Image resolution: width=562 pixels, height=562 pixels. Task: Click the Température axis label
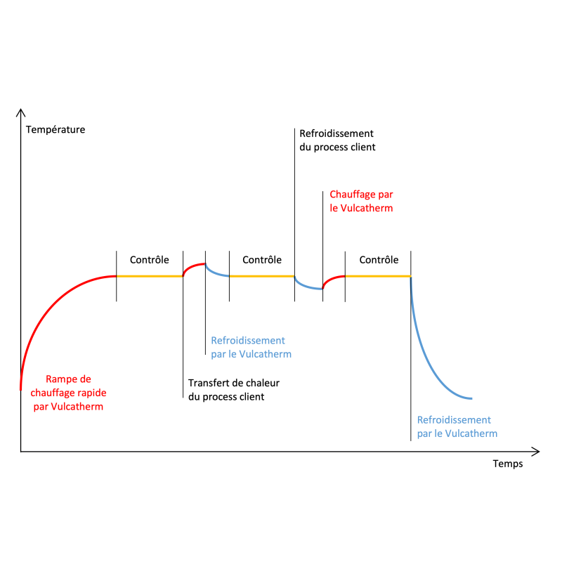point(55,129)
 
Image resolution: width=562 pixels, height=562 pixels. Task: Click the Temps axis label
point(507,464)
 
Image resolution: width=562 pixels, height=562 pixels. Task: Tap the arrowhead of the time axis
point(536,452)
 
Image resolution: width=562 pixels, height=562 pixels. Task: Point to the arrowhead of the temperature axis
point(21,112)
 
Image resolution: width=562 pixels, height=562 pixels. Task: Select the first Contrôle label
point(149,259)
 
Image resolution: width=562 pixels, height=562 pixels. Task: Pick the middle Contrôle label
point(262,259)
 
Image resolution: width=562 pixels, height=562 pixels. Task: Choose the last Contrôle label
point(379,259)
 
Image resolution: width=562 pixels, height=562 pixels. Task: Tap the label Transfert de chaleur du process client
point(234,390)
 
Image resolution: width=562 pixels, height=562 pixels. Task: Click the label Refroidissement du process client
point(337,140)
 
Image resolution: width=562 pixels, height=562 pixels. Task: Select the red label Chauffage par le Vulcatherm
point(361,201)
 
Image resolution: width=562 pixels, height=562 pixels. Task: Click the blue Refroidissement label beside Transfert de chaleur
point(251,347)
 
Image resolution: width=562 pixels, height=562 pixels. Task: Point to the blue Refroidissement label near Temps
point(457,426)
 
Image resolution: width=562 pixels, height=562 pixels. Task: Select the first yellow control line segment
point(150,276)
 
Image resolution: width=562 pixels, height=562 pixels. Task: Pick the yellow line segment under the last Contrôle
point(378,276)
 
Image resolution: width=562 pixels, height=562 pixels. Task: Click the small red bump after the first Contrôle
point(192,266)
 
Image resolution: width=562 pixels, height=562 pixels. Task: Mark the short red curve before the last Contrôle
point(332,278)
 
